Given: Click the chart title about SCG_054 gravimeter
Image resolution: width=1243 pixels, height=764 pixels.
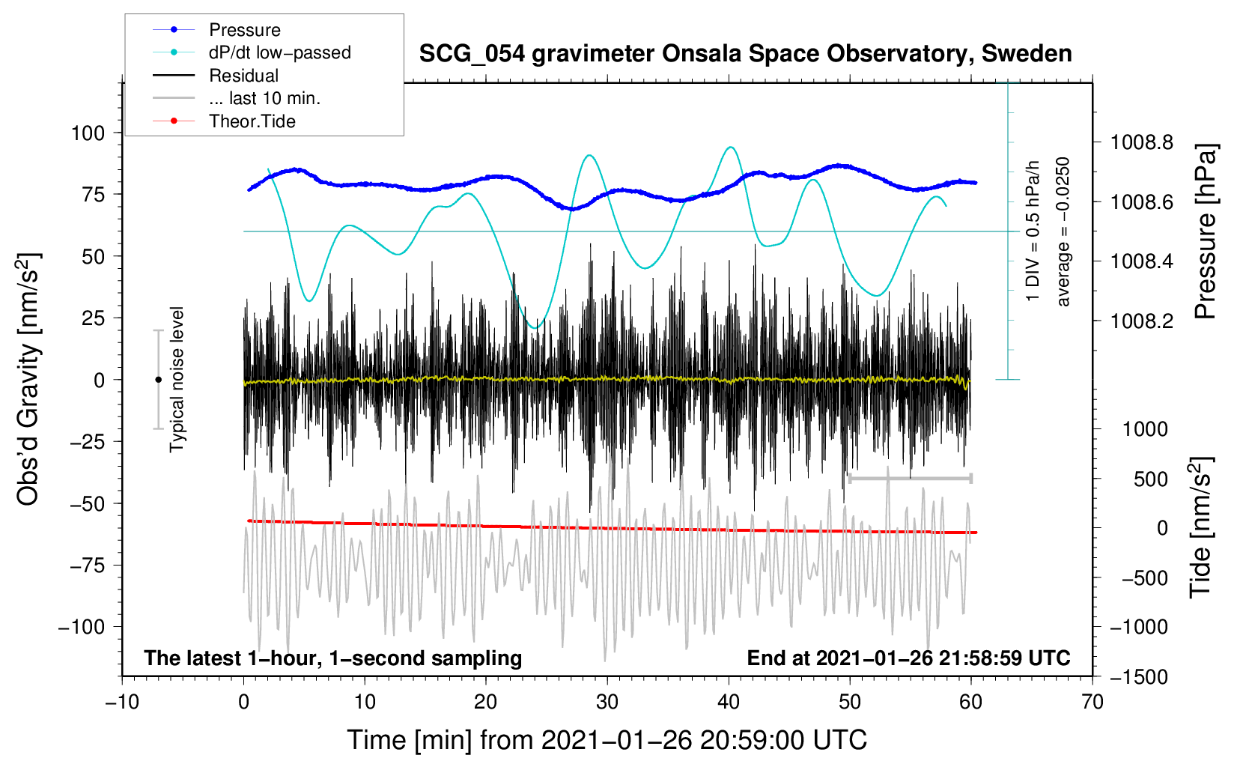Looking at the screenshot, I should [x=745, y=54].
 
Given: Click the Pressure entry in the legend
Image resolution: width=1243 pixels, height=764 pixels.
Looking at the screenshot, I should [x=244, y=30].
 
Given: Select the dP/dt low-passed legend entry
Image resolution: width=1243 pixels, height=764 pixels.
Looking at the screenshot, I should [x=279, y=52].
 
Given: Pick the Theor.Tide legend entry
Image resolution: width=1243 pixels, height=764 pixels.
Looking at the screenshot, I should [x=252, y=121].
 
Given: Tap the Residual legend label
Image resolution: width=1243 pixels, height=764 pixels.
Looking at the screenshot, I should [x=243, y=76].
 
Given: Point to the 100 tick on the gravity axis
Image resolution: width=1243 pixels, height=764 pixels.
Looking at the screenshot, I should [x=88, y=133].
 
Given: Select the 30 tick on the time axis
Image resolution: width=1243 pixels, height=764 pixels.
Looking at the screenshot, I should [x=607, y=702].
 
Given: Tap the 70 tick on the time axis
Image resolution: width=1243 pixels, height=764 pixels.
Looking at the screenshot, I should [x=1092, y=702].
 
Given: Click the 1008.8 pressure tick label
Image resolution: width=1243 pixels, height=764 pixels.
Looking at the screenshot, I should [x=1142, y=142].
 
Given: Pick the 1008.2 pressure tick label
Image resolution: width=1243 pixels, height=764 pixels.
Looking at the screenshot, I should [x=1142, y=321].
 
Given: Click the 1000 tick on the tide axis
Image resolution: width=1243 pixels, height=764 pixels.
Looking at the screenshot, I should [x=1145, y=429].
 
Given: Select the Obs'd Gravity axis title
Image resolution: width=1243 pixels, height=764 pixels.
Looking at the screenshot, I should [x=28, y=380].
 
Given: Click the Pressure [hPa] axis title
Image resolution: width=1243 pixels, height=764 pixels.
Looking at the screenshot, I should [x=1205, y=232].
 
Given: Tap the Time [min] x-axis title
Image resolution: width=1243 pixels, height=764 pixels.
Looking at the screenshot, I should [x=607, y=740].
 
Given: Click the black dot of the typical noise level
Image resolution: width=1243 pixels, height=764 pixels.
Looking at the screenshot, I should [x=158, y=380].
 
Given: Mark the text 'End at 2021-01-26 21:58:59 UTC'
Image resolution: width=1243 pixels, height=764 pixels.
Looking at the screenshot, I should [x=908, y=658].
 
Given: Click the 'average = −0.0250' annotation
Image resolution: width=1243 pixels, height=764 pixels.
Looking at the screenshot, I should [x=1063, y=232].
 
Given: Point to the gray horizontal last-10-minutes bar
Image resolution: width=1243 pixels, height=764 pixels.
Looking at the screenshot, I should [x=910, y=478].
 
